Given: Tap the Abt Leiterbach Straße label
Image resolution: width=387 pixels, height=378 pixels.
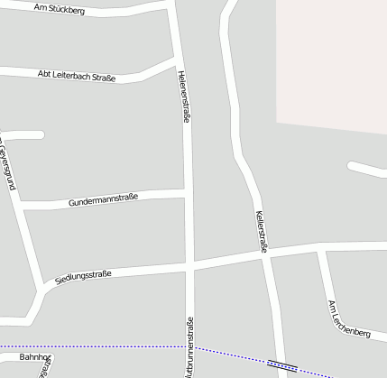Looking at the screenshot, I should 77,76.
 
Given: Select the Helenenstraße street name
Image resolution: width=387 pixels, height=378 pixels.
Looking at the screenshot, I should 184,97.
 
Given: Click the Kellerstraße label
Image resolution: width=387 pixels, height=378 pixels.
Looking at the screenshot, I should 260,231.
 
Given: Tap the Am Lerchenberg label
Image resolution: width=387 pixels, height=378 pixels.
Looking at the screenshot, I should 349,319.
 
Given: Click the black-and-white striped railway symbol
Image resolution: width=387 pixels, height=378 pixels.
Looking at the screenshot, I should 282,365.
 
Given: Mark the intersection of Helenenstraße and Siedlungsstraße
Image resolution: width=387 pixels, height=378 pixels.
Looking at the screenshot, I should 189,264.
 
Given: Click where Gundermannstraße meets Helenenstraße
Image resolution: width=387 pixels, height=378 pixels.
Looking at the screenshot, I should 188,194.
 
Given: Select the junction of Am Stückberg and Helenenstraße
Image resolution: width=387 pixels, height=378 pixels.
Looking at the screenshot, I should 171,5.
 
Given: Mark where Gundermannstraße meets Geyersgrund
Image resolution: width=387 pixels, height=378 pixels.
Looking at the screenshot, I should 22,207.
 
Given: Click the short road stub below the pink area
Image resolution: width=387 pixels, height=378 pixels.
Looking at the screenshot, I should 365,169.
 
